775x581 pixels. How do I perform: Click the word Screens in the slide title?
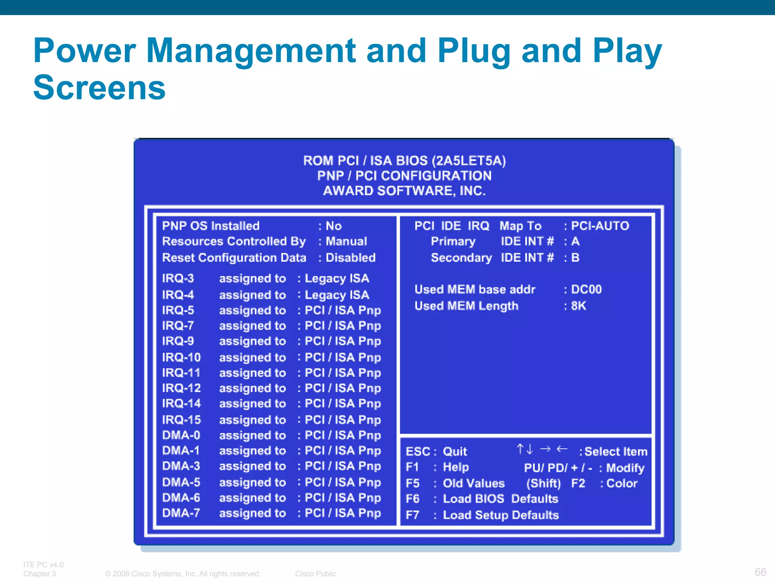99,88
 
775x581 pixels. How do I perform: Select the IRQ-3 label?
178,278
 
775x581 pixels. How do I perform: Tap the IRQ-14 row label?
181,404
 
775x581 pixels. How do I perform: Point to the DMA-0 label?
181,435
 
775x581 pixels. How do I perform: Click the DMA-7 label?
181,513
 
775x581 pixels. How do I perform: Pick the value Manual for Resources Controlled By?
346,241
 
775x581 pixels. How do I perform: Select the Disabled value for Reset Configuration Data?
350,258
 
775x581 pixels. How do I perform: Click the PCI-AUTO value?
600,226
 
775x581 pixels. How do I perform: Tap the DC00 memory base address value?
586,289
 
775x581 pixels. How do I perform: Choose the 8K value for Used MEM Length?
579,306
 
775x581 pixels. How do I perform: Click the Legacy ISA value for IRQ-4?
337,295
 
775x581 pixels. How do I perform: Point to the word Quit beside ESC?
455,452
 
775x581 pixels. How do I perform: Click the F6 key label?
412,499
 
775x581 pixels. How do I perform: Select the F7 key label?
412,515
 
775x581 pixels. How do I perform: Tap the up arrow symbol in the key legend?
520,449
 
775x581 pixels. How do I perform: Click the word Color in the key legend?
622,483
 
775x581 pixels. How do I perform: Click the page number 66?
760,572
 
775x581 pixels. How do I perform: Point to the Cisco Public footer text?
316,573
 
